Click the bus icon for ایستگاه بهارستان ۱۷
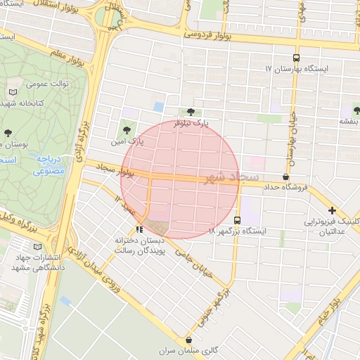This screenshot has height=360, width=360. point(296,58)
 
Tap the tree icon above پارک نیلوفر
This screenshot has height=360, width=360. point(191,112)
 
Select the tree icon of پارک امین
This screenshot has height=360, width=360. point(127,129)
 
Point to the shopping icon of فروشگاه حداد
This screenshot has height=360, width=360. point(286,176)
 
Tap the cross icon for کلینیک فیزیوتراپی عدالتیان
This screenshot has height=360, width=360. point(332,210)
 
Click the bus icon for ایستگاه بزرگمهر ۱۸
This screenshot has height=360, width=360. point(237,219)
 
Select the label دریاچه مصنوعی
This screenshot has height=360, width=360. point(49,165)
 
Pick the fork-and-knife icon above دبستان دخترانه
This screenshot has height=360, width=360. point(139,229)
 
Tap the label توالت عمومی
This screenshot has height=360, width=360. point(47,83)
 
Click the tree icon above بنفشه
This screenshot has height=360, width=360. point(356,110)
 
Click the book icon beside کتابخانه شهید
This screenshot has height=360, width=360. point(13,92)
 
